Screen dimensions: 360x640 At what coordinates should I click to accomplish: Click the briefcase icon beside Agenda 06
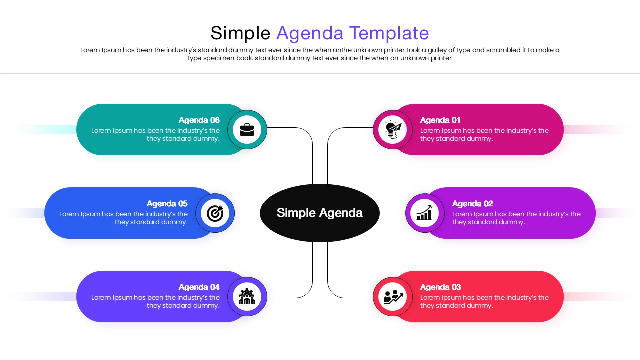click(247, 130)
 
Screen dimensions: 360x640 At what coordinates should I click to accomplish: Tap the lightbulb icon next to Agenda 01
click(393, 130)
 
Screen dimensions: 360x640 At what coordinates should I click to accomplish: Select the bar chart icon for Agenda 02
click(425, 213)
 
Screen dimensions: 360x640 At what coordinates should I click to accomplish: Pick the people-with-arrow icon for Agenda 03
click(393, 297)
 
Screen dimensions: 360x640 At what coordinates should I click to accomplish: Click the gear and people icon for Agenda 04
click(247, 297)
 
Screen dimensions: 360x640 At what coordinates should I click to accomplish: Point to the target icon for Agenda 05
click(215, 213)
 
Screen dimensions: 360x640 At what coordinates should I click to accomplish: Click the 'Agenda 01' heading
click(440, 120)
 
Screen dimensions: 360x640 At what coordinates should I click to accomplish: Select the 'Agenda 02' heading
click(472, 203)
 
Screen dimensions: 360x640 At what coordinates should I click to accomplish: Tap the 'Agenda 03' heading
click(440, 287)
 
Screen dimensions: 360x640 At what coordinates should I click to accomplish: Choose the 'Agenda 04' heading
click(199, 287)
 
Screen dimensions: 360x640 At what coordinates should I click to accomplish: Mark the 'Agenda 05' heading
click(167, 203)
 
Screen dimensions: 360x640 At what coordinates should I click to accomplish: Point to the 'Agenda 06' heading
click(199, 120)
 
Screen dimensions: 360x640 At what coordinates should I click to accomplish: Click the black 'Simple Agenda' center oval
click(320, 213)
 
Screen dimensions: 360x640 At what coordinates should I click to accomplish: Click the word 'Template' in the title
click(389, 33)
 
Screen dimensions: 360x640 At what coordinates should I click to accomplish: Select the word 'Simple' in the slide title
click(240, 33)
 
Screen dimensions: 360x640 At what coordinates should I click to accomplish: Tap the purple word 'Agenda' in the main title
click(310, 33)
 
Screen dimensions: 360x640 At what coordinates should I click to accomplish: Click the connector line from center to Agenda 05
click(247, 213)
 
